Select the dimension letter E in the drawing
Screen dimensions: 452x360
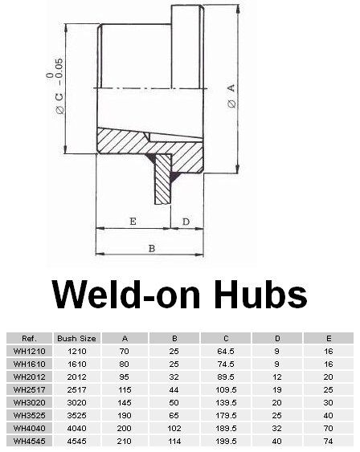point(132,220)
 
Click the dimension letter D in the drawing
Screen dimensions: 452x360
point(186,220)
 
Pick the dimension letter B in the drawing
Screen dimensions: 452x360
point(150,248)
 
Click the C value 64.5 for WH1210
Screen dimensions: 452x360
point(227,351)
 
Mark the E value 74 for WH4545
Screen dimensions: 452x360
point(328,440)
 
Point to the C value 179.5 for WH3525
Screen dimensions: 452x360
point(227,414)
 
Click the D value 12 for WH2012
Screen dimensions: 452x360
point(277,377)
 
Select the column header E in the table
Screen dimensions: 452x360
point(328,338)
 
